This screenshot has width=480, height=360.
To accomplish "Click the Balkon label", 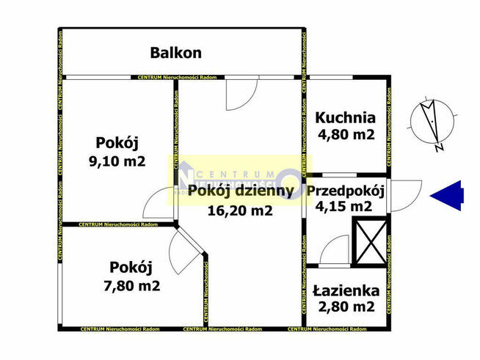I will tap(175, 53).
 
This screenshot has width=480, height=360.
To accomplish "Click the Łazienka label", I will tap(345, 291).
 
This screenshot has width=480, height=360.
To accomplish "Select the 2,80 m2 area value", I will tap(345, 308).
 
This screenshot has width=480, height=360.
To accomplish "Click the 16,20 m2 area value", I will tap(241, 211).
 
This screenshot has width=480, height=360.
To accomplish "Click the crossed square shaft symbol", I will tap(368, 243).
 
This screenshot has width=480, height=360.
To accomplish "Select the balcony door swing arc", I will tap(241, 92).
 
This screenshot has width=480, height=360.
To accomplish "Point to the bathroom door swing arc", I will tap(335, 251).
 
